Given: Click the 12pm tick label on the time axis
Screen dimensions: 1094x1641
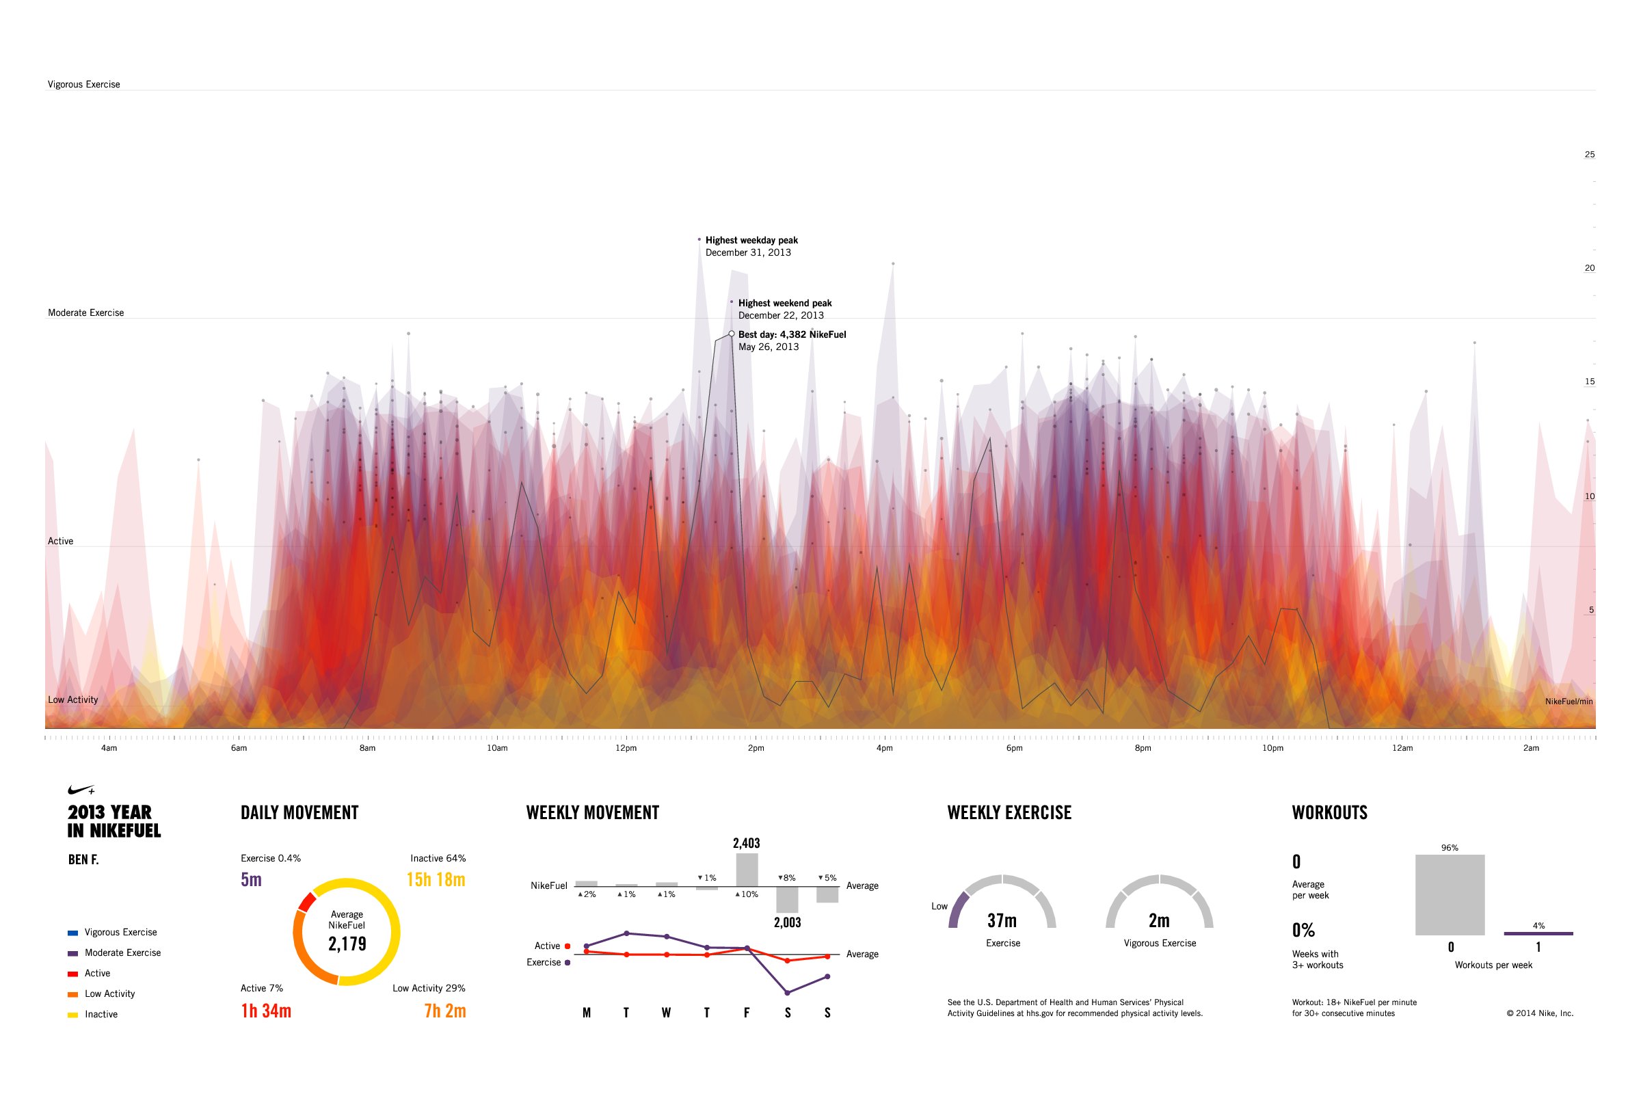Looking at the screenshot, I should (626, 748).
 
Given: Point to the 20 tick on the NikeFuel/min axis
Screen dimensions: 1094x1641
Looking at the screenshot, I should (1589, 268).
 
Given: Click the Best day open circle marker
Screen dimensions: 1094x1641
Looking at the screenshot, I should (731, 334).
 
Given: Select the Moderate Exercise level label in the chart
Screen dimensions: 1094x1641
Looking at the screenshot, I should (86, 312).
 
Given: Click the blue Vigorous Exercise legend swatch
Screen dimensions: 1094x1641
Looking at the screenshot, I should (72, 933).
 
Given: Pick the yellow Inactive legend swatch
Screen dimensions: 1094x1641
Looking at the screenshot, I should (72, 1015).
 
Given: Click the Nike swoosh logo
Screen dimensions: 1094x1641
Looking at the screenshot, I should (81, 790).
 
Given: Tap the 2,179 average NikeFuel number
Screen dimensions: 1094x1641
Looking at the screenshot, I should (347, 944).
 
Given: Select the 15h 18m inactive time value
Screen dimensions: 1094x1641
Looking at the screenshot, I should (436, 879).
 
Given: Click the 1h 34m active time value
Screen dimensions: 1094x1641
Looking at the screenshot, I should (266, 1011).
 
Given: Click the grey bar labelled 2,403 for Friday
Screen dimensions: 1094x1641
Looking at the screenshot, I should (747, 869).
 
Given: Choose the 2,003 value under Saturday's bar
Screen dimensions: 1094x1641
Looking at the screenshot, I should (787, 922).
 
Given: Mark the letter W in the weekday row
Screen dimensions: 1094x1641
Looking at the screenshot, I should (666, 1013).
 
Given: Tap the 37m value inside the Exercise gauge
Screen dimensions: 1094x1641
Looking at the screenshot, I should (1002, 921).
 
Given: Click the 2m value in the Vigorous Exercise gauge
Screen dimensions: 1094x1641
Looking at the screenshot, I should (1159, 921).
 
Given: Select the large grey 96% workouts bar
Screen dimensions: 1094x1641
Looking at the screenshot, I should (1449, 894).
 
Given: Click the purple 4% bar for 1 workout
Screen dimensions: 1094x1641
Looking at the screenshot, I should (1538, 933).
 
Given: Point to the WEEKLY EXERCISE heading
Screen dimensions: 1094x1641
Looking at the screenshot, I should (1009, 813).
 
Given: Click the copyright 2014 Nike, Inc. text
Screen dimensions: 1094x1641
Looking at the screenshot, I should (1539, 1014).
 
